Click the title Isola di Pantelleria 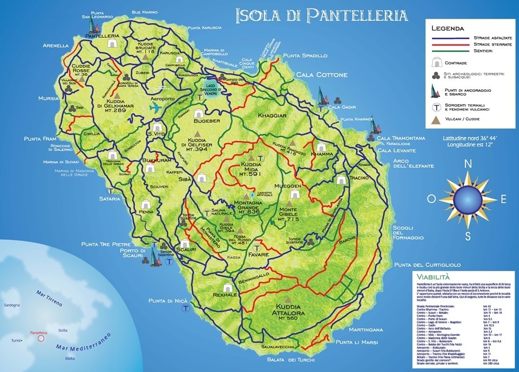[x=321, y=15]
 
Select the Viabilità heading [x=432, y=277]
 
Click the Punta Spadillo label [x=305, y=56]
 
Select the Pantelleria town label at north [x=104, y=36]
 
